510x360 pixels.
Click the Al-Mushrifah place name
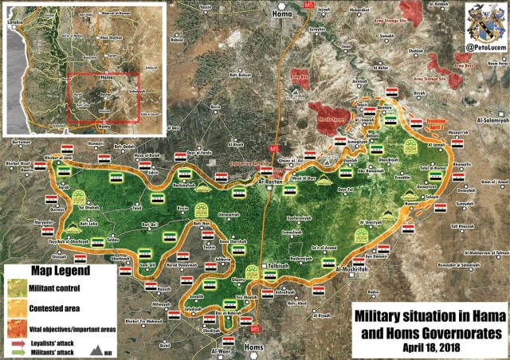[x=351, y=270]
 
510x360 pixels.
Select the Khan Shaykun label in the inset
[x=111, y=37]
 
